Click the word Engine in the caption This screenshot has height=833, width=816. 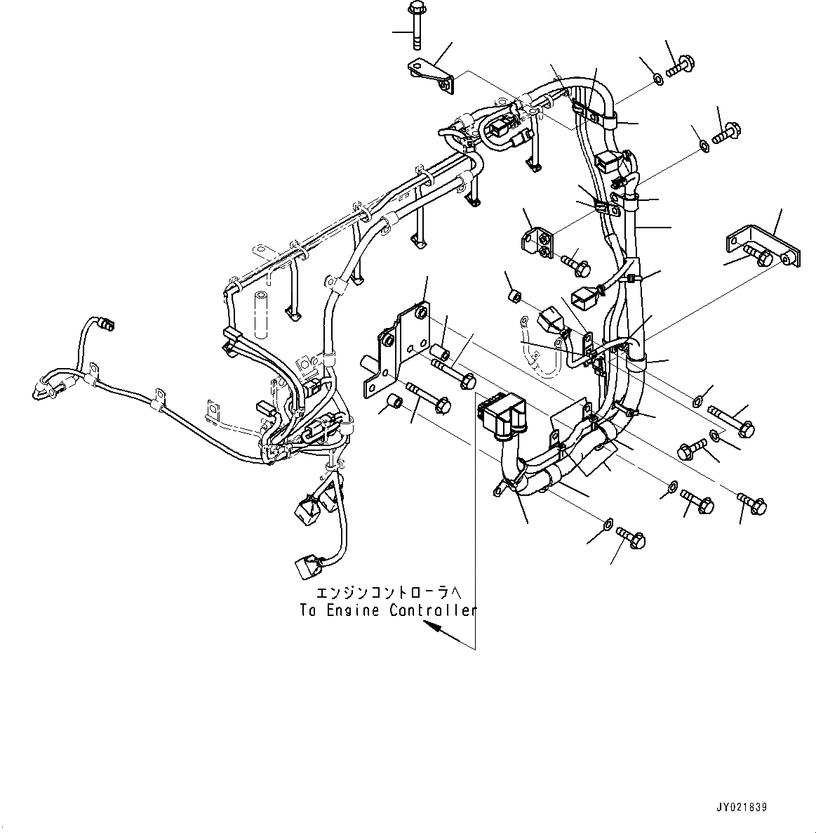coord(351,610)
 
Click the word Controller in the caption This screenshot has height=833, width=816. coord(432,610)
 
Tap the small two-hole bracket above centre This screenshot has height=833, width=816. coord(538,243)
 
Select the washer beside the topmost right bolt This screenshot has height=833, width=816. coord(658,79)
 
